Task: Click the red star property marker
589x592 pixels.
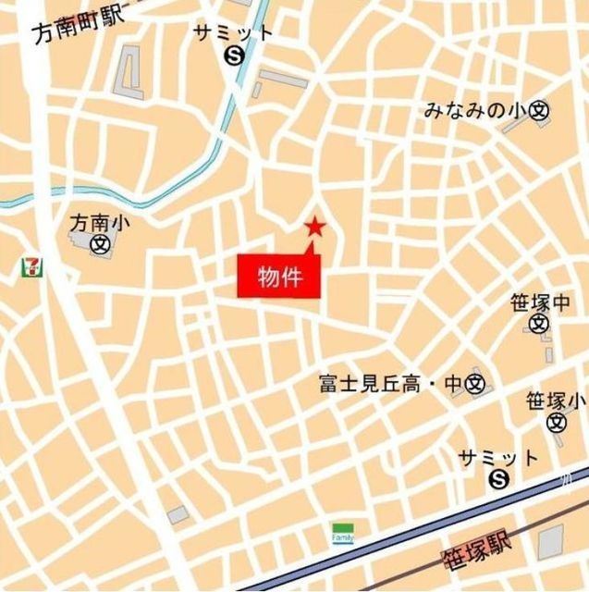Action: (x=315, y=226)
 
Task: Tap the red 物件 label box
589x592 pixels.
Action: (x=279, y=276)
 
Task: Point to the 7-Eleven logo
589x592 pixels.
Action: (x=33, y=266)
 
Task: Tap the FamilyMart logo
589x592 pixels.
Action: (x=343, y=534)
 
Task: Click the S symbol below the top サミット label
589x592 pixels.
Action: (x=233, y=55)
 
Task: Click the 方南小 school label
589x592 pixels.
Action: (x=94, y=223)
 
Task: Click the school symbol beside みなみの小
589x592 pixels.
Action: (x=540, y=111)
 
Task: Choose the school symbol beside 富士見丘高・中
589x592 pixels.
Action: (x=475, y=382)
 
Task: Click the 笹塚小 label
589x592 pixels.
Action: (x=556, y=401)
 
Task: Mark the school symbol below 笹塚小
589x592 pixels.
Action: (x=556, y=423)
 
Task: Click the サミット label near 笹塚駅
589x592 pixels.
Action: (x=498, y=457)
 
